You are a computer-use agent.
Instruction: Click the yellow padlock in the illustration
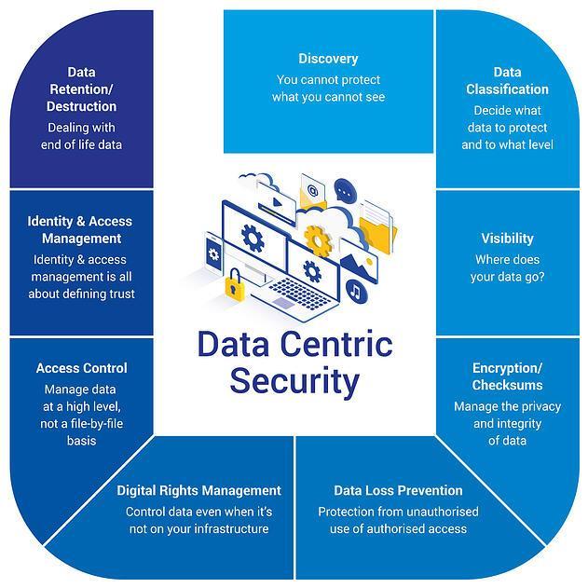point(234,284)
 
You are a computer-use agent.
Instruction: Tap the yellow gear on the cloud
point(318,240)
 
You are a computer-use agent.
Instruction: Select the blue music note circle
point(356,291)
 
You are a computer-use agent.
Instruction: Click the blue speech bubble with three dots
point(344,191)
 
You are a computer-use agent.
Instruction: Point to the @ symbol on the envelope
point(312,190)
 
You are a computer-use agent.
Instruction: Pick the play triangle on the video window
point(278,202)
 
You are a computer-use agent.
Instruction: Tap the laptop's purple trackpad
point(283,303)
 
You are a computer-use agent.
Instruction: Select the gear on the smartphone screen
point(213,254)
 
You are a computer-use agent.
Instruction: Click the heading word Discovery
point(328,59)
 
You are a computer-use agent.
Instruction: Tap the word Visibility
point(507,239)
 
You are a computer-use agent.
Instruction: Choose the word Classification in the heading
point(507,89)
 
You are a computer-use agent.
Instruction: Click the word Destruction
point(81,106)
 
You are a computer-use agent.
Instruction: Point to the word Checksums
point(507,385)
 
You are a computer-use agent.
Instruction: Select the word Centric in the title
point(336,344)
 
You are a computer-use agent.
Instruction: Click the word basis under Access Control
point(81,441)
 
